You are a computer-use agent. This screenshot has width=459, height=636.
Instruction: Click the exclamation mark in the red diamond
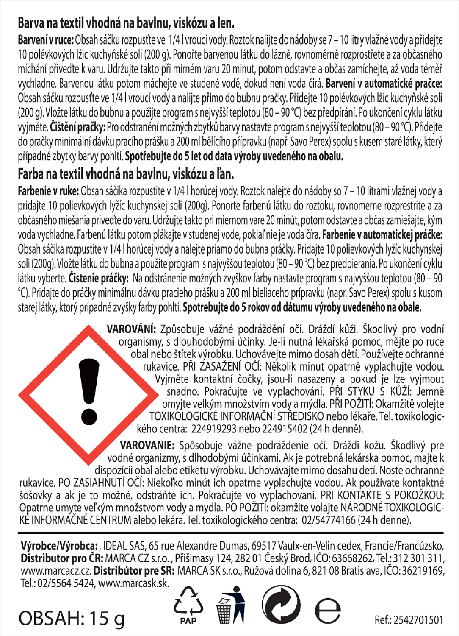89,391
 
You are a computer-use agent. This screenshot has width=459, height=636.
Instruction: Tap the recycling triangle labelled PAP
188,603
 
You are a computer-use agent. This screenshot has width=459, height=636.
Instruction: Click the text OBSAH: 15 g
72,619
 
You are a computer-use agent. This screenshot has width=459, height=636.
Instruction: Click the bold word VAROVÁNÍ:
131,329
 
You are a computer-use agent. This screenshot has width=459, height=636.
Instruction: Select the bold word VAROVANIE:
147,446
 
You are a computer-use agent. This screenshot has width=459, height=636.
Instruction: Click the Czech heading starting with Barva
126,23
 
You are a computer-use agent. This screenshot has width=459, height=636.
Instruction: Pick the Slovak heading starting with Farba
126,174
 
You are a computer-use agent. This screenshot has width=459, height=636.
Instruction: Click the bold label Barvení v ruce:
46,40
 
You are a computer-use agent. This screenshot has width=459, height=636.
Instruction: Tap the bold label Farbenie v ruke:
48,192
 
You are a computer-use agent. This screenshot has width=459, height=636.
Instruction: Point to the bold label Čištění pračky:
78,127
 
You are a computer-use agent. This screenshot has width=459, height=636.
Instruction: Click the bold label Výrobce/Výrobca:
60,546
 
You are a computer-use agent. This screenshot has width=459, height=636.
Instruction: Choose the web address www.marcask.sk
133,583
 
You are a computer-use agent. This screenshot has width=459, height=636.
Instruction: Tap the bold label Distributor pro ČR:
62,558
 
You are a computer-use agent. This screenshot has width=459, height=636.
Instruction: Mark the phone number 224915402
285,429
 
